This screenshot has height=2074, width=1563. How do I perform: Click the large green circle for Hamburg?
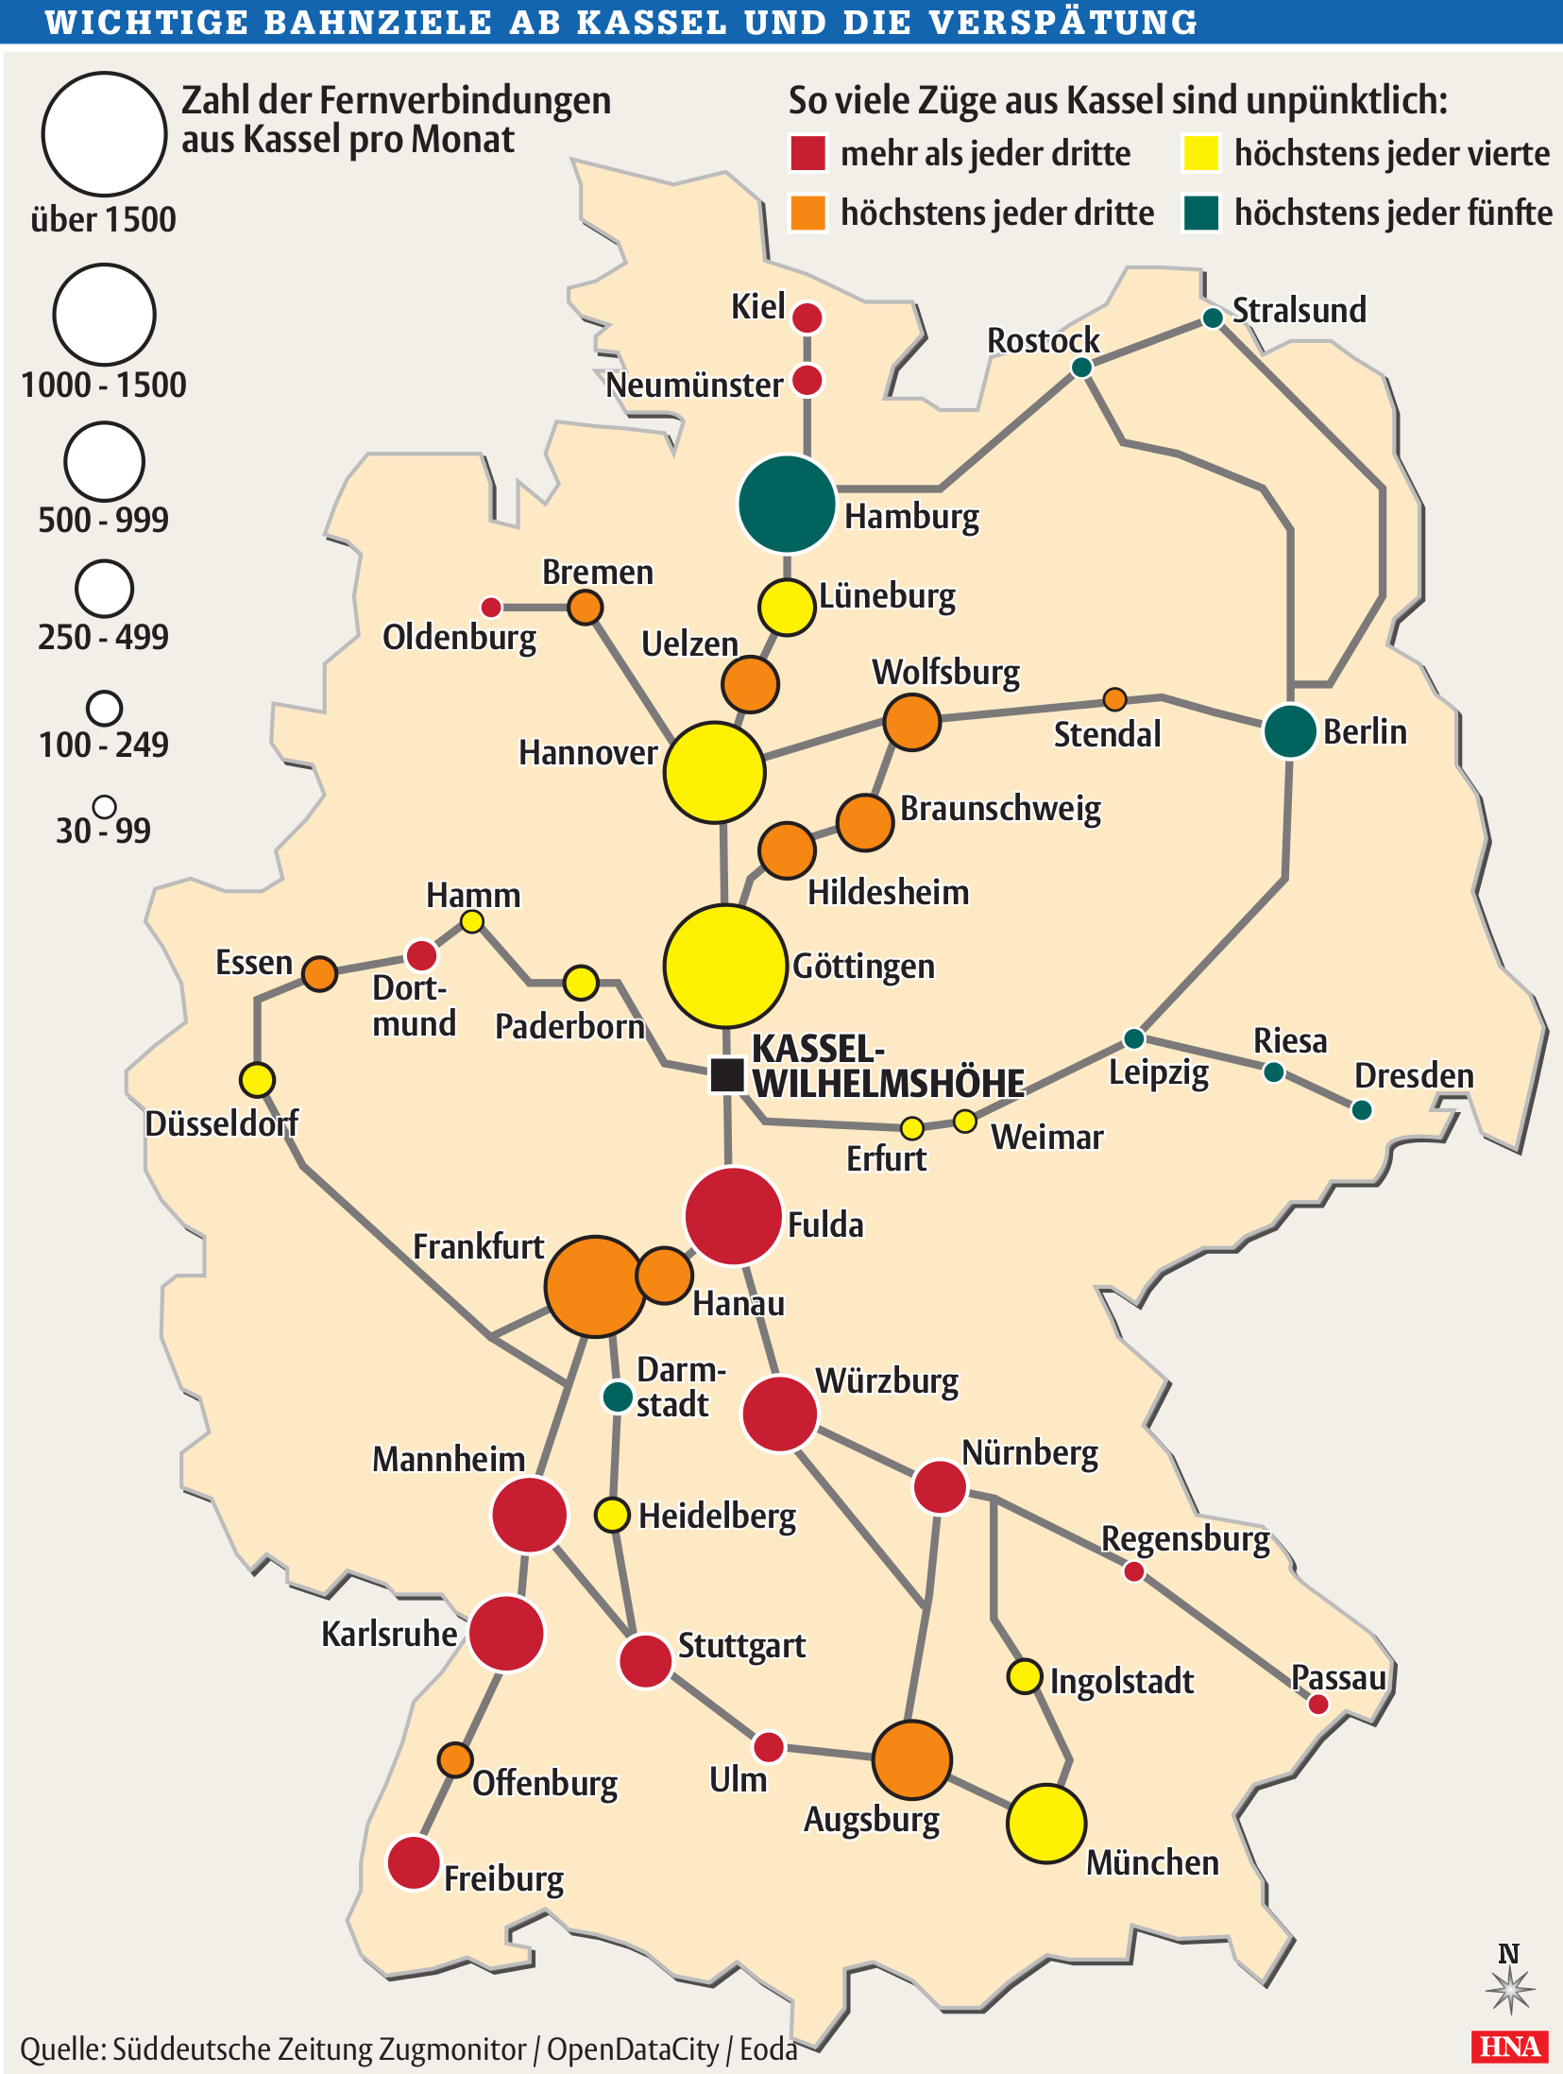click(x=786, y=504)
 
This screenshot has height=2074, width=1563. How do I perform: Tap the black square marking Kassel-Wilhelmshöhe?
click(x=726, y=1074)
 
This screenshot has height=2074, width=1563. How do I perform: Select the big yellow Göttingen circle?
click(x=724, y=966)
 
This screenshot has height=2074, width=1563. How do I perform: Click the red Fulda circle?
click(x=733, y=1216)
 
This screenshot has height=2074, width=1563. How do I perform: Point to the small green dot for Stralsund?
click(x=1213, y=318)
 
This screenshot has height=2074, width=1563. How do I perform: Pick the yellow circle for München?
click(x=1045, y=1824)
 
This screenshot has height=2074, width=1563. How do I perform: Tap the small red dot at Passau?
click(x=1318, y=1705)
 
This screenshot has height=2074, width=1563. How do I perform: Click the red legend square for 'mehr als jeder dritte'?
click(x=807, y=153)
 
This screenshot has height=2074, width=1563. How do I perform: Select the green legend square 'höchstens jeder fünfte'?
click(x=1201, y=213)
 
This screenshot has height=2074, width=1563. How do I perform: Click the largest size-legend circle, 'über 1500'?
click(x=104, y=134)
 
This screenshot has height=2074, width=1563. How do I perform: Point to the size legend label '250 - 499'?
click(x=103, y=637)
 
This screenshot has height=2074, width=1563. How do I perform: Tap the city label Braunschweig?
click(x=1000, y=810)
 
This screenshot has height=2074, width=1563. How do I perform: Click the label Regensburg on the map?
click(x=1185, y=1539)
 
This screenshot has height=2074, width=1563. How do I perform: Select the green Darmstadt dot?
click(x=618, y=1396)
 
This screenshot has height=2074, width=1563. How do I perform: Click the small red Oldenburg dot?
click(x=491, y=607)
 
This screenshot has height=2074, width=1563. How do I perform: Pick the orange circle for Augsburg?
click(x=911, y=1759)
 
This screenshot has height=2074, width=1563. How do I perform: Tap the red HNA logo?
click(x=1509, y=2047)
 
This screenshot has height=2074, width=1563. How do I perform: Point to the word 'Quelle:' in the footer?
click(x=62, y=2049)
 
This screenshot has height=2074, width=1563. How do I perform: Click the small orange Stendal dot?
click(x=1114, y=699)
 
